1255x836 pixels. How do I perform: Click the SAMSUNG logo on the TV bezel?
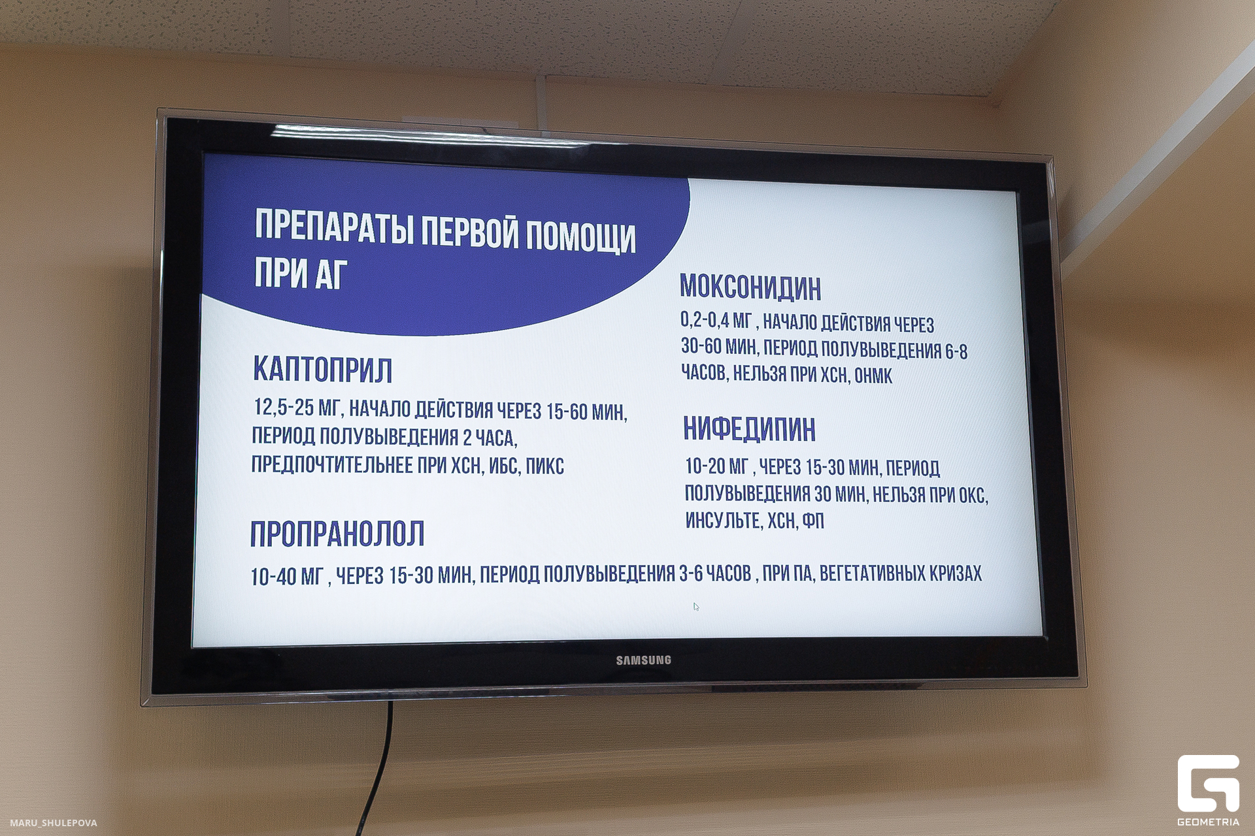tap(643, 660)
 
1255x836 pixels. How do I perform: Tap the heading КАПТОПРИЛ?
tap(322, 370)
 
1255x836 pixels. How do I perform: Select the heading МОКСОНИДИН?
tap(750, 287)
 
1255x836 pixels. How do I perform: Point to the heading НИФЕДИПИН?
tap(749, 429)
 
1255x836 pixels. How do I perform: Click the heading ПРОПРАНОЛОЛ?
tap(337, 534)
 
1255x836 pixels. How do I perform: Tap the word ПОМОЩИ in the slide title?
tap(580, 236)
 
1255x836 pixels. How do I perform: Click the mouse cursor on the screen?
tap(695, 606)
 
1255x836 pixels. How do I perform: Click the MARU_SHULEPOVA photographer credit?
tap(54, 823)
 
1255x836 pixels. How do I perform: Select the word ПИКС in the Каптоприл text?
tap(544, 466)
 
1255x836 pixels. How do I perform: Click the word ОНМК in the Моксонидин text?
tap(873, 376)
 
